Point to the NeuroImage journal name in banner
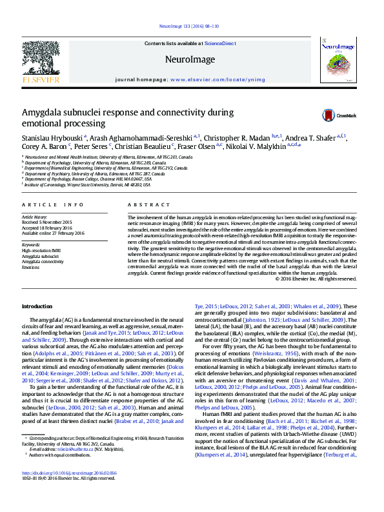point(192,58)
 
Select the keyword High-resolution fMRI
point(42,250)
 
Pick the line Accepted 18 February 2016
point(48,228)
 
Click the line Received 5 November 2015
point(48,223)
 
